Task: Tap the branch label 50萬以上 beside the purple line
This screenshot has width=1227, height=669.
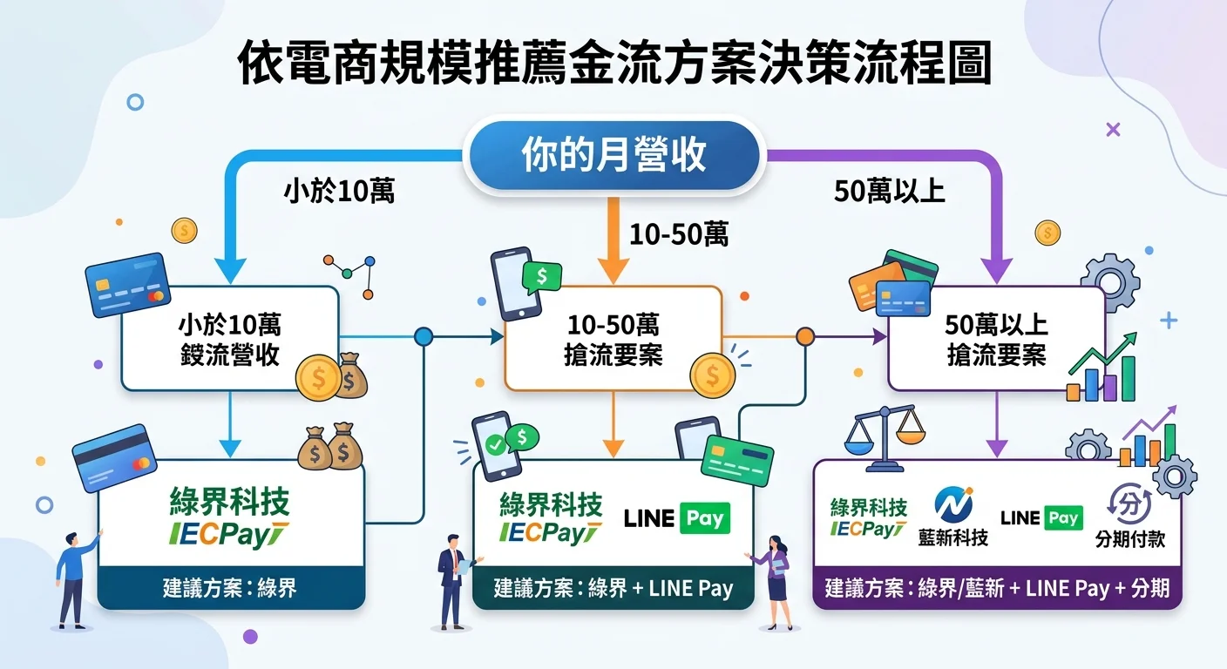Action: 889,192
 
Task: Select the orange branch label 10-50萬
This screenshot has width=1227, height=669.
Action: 678,234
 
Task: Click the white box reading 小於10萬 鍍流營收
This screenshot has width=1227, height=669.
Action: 229,339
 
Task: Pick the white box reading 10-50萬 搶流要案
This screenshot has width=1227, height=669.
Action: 613,339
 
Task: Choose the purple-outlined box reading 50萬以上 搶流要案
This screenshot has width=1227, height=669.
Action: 996,339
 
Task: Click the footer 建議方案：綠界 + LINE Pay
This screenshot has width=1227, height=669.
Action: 613,588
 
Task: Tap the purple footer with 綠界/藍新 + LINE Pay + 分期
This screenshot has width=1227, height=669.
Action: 997,588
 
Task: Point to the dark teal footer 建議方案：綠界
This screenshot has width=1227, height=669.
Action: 230,588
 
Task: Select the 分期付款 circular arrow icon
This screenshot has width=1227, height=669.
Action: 1129,504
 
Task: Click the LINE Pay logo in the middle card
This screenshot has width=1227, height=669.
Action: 677,518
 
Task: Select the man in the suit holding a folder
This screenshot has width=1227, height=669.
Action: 453,579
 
